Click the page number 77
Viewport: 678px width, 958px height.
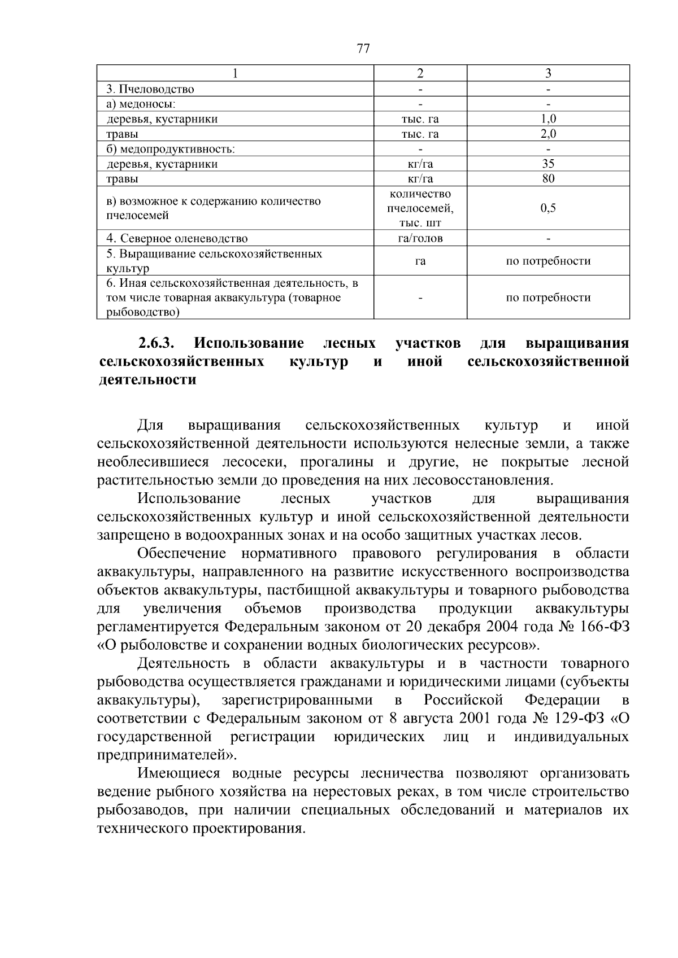(363, 49)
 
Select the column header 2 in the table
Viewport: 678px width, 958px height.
(420, 73)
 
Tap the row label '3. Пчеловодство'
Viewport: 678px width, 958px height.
(150, 89)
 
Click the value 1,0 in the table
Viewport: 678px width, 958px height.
(548, 119)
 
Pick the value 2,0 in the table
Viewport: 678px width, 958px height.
(548, 134)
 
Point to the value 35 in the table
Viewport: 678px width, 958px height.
(548, 164)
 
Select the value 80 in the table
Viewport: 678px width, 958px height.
(548, 178)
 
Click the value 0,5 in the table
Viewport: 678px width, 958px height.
(548, 208)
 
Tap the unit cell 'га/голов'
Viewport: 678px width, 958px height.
(420, 238)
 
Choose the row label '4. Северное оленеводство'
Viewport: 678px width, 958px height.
(177, 238)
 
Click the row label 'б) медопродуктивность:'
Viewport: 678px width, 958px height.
(171, 149)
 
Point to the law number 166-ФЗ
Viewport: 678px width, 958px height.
(605, 627)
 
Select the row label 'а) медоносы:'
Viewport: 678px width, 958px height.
(141, 104)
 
